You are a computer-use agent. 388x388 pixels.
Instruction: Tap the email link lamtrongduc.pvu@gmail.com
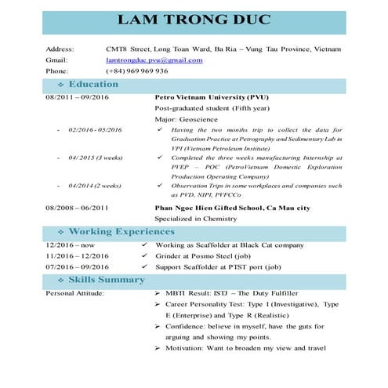154,60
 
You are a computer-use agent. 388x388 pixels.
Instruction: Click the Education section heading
94,84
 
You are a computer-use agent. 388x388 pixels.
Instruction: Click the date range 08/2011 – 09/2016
77,97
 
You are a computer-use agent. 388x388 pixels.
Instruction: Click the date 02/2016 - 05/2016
95,129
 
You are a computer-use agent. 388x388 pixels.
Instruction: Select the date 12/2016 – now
68,245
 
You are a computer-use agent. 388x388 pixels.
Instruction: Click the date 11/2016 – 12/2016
77,256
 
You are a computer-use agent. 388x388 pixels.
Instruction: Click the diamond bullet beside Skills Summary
61,281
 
